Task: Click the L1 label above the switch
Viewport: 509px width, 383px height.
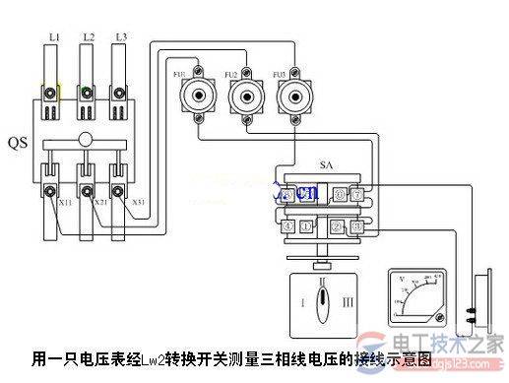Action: pyautogui.click(x=54, y=36)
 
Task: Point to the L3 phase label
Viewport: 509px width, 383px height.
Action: pyautogui.click(x=120, y=36)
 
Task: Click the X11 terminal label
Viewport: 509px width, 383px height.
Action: pyautogui.click(x=65, y=202)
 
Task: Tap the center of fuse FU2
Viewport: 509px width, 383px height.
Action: pyautogui.click(x=242, y=97)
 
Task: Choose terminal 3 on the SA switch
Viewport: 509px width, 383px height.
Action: pyautogui.click(x=357, y=227)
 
